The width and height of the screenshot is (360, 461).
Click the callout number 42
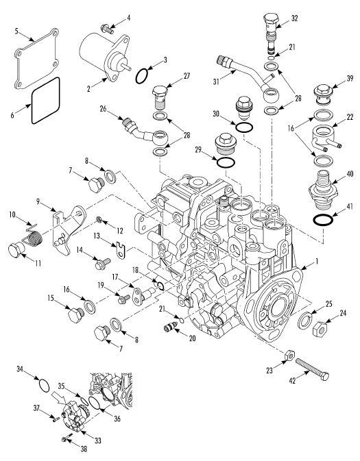tap(292, 380)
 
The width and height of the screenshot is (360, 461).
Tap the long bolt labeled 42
tap(312, 369)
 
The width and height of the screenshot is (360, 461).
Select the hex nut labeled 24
tap(321, 329)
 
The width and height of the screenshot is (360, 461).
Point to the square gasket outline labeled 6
tap(45, 100)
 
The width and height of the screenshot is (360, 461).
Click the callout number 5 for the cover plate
tap(16, 31)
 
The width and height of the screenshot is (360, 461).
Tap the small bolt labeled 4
tap(106, 29)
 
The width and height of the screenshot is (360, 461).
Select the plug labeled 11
tap(14, 251)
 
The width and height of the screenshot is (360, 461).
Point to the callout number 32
tap(294, 18)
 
